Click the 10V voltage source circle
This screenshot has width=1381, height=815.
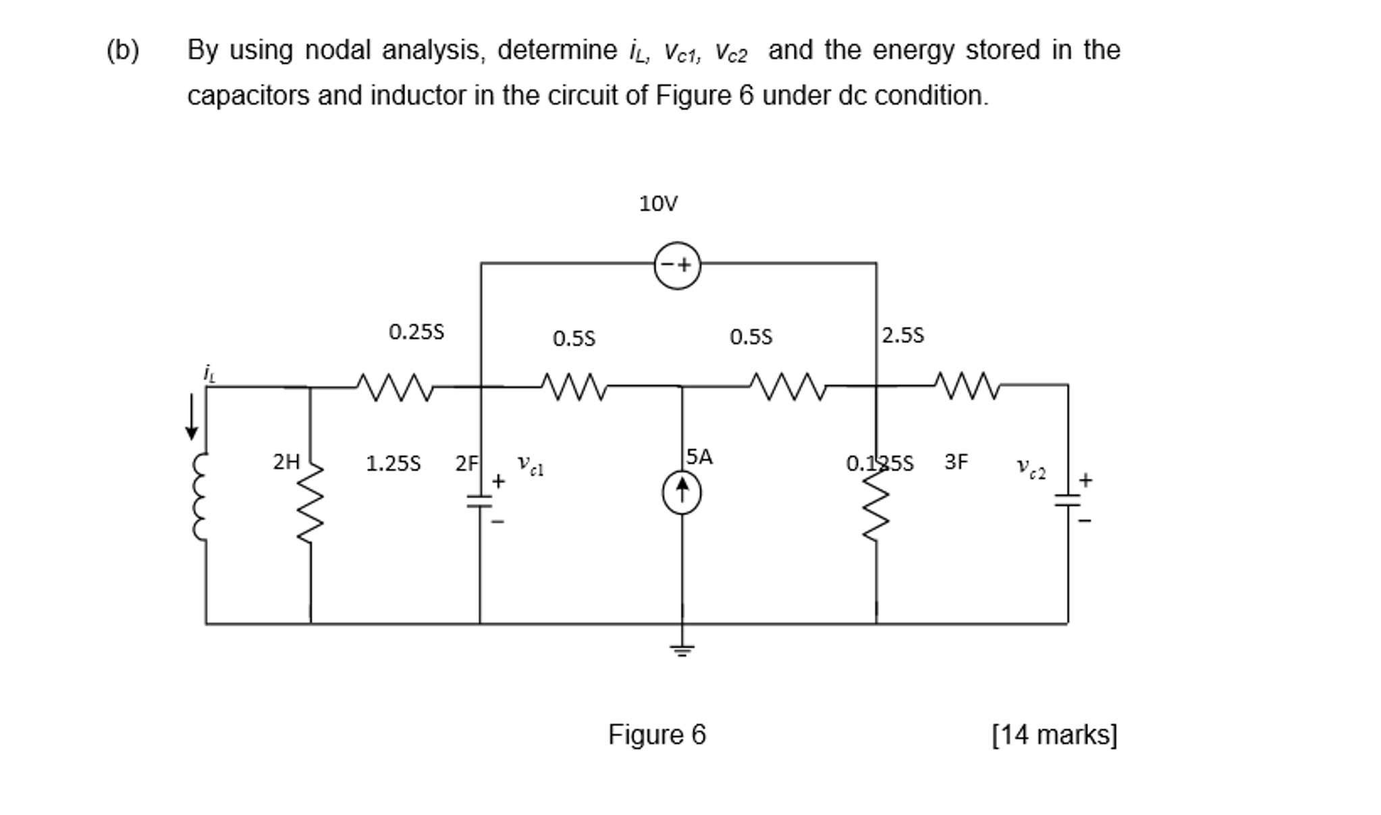(x=677, y=265)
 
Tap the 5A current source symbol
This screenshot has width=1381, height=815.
(x=682, y=492)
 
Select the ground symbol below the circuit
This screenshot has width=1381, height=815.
(x=682, y=650)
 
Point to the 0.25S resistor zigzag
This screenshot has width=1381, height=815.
(x=394, y=387)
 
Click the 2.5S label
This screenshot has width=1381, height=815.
(x=902, y=335)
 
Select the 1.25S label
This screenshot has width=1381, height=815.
(x=393, y=463)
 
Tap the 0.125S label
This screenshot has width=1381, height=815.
(x=879, y=463)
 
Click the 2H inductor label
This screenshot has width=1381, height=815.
(x=286, y=462)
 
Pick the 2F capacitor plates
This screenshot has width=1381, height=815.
(x=480, y=501)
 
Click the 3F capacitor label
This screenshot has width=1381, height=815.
(x=956, y=462)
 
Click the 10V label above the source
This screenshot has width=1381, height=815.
(x=658, y=203)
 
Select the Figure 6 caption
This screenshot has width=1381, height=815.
(x=657, y=734)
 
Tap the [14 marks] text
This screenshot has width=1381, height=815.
(x=1054, y=735)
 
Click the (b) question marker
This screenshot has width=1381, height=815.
(x=123, y=51)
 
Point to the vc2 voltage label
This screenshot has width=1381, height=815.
(x=1031, y=467)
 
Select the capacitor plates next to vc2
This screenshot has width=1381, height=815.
(x=1068, y=500)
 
